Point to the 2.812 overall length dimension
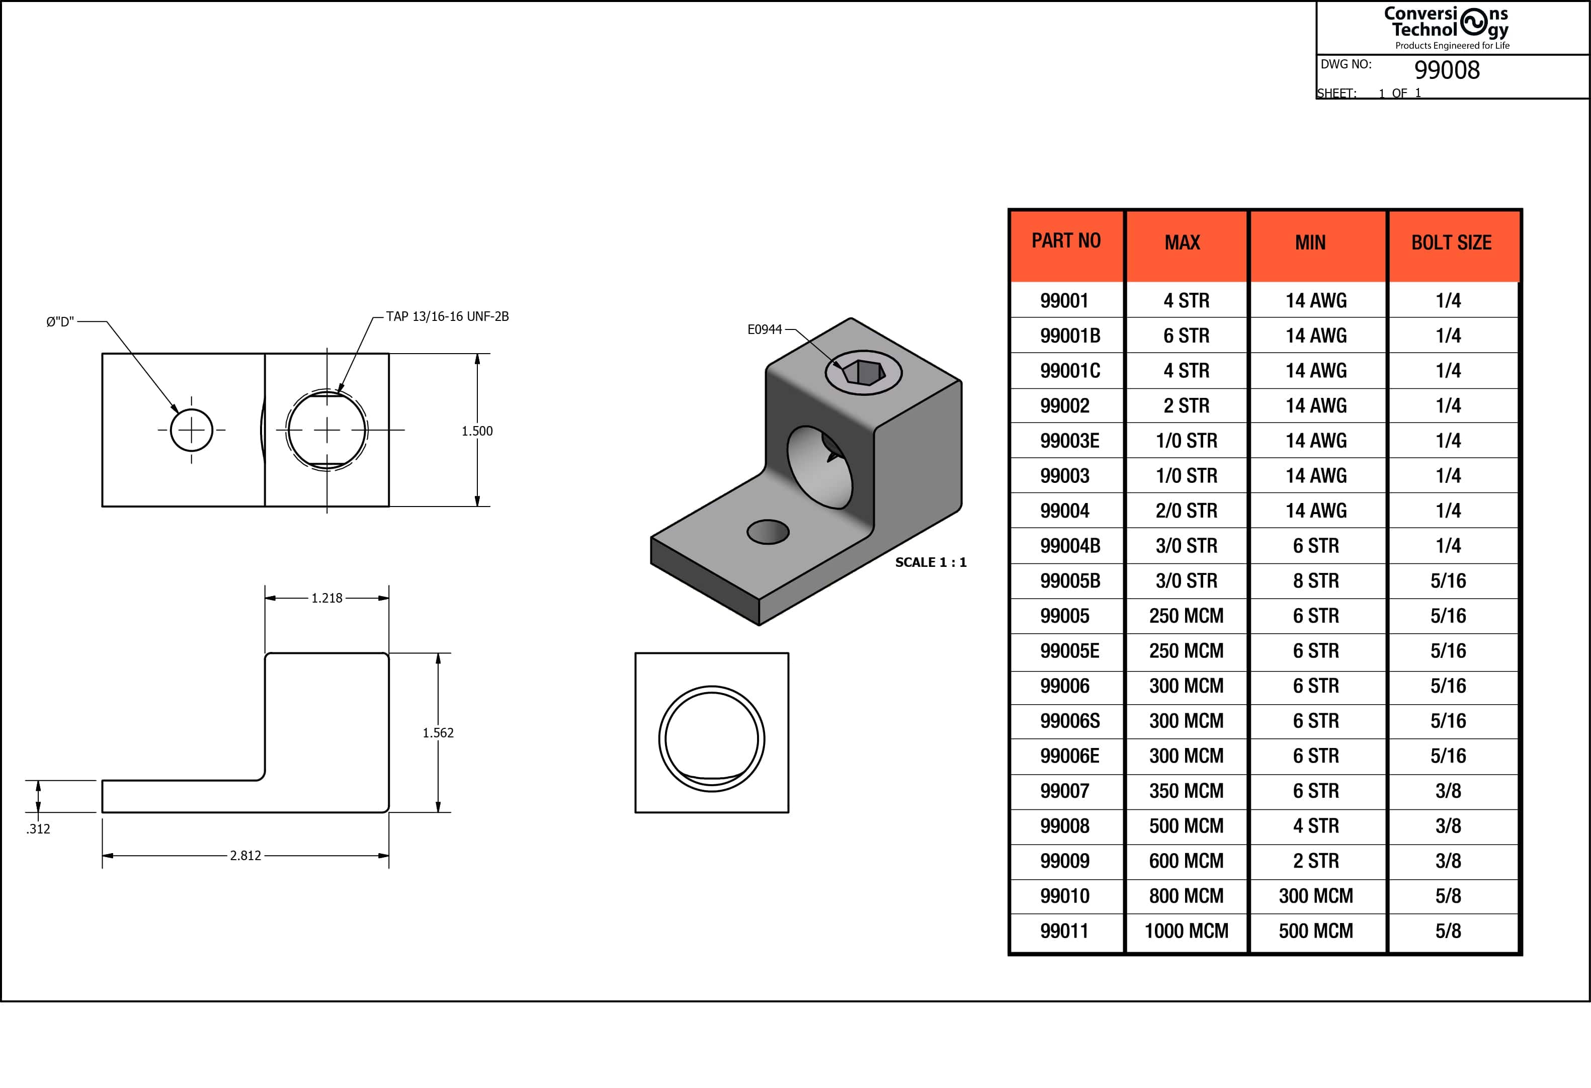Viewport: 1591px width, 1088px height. [245, 855]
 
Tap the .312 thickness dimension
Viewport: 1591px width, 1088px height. [38, 828]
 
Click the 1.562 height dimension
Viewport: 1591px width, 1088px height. [438, 733]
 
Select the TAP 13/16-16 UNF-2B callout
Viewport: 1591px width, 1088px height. [447, 316]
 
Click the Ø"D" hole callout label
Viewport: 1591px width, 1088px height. [60, 322]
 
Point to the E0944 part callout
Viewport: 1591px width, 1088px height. [764, 329]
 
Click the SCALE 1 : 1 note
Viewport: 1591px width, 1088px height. [931, 562]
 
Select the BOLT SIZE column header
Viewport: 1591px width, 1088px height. [1451, 242]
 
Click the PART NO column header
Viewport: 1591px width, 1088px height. [1066, 241]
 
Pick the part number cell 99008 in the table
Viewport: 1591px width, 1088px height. [1064, 826]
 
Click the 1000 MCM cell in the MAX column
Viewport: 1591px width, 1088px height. [1187, 931]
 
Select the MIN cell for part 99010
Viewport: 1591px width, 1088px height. [1316, 895]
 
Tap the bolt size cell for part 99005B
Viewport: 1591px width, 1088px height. [1448, 580]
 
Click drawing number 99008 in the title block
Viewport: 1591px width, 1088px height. [1447, 70]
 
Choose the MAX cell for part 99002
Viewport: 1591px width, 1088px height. [1187, 405]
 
